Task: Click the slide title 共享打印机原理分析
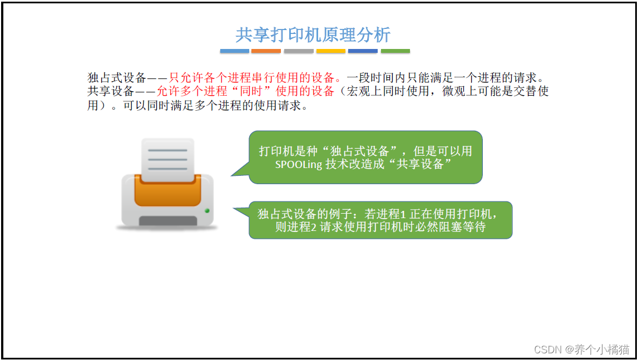313,35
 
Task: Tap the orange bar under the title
265,51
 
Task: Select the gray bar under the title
299,51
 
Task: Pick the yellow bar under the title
331,51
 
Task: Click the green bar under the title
395,51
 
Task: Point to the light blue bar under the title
234,51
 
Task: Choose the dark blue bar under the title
363,51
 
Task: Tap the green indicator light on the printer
207,211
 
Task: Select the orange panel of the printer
167,192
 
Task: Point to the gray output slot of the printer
167,221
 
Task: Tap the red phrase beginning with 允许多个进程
245,91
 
